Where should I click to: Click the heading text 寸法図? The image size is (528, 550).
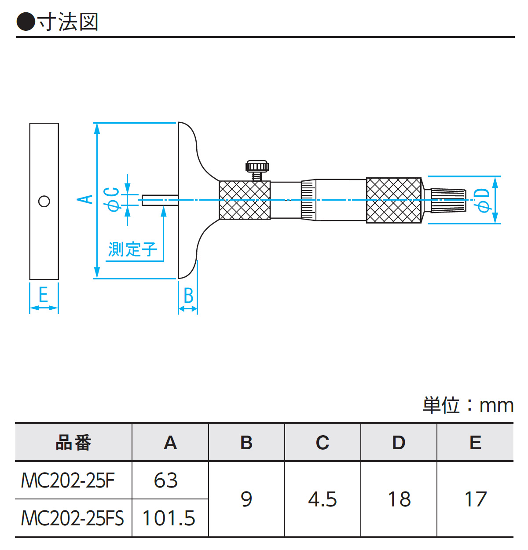coord(68,22)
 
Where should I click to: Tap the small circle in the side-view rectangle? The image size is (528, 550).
coord(44,201)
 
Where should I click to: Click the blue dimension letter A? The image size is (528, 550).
coord(85,199)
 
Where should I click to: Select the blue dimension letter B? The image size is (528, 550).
coord(188,296)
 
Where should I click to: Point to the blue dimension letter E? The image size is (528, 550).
coord(43,294)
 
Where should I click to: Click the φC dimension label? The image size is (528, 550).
coord(111,199)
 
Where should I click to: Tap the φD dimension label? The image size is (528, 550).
coord(483,200)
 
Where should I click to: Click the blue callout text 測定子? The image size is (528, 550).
coord(132,249)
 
